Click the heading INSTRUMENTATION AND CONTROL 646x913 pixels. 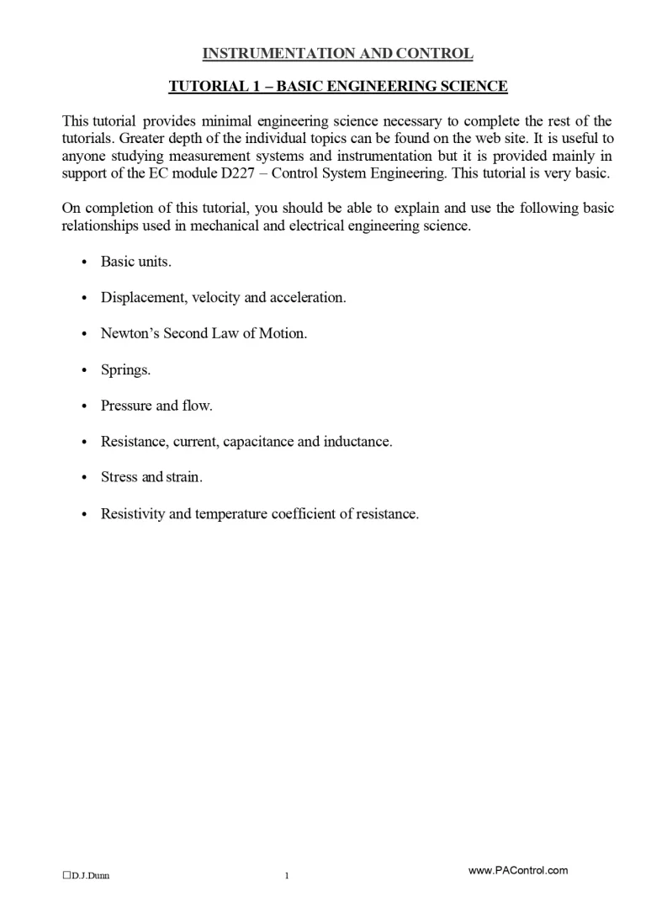coord(337,54)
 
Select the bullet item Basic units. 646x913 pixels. coord(135,262)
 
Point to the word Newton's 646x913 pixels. coord(130,333)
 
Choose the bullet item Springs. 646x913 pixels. coord(125,370)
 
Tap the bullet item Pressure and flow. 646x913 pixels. coord(156,406)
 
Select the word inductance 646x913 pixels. coord(357,441)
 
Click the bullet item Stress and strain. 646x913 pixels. coord(151,477)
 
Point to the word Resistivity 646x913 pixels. coord(133,513)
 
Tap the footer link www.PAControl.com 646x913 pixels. coord(517,870)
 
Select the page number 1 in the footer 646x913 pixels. coord(286,876)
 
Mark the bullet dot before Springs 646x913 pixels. coord(83,370)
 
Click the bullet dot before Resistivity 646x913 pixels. coord(83,513)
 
